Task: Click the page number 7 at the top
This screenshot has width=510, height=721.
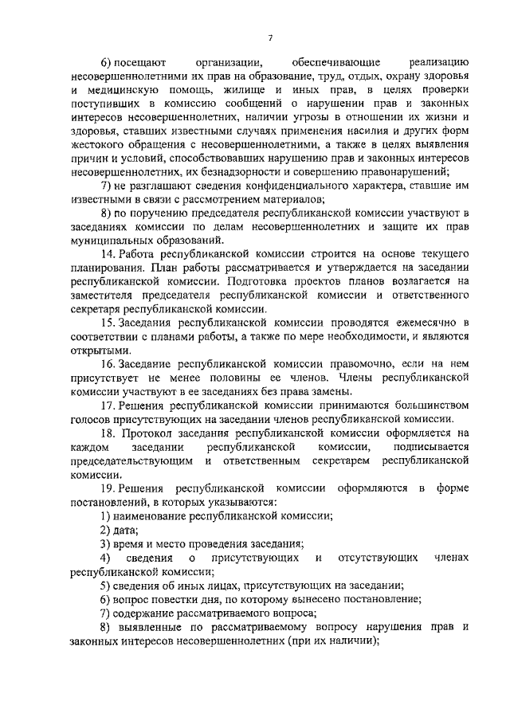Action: pyautogui.click(x=270, y=37)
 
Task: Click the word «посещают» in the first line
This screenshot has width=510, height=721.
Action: pyautogui.click(x=139, y=61)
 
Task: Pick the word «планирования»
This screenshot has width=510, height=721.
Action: pyautogui.click(x=109, y=268)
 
